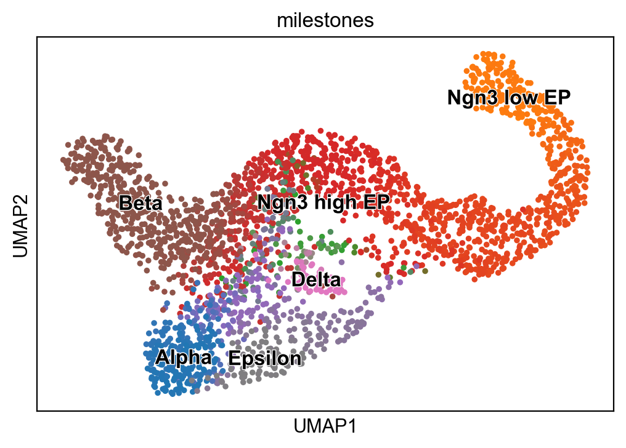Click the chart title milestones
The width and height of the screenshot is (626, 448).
click(x=325, y=20)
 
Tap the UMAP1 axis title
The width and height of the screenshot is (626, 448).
click(x=325, y=426)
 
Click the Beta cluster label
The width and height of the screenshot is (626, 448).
click(x=141, y=203)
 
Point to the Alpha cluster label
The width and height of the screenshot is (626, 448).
click(x=184, y=357)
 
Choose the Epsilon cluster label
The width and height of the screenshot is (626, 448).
click(x=265, y=358)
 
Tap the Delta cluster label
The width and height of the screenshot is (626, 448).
click(x=316, y=279)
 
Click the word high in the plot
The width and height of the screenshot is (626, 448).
click(x=335, y=202)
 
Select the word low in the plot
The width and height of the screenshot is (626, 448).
click(x=521, y=97)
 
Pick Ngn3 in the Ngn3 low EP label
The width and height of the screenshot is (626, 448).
click(x=473, y=97)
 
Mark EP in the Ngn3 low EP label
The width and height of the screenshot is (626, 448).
click(x=557, y=97)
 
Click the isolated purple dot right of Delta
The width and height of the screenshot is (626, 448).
click(x=341, y=262)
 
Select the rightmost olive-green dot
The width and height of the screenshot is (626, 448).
click(x=425, y=271)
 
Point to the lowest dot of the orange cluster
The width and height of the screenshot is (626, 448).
click(x=474, y=279)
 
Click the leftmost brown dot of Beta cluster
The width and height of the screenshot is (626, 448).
click(x=63, y=160)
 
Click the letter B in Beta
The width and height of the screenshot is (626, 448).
click(x=125, y=203)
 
